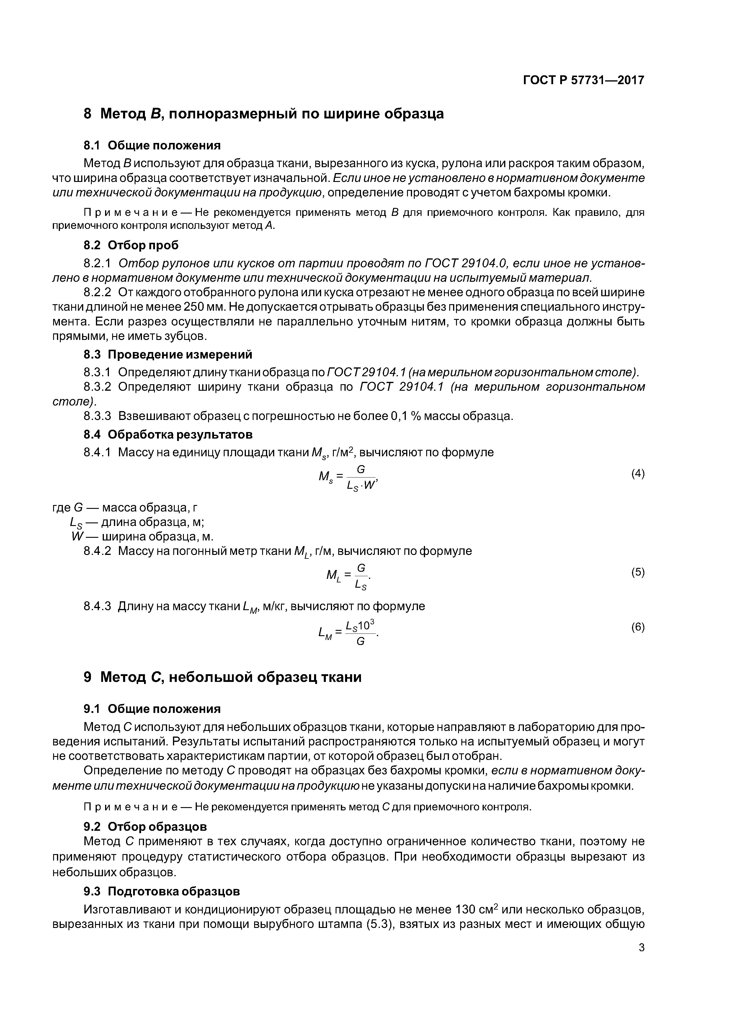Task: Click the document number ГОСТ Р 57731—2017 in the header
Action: [x=583, y=80]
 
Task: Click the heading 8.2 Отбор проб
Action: [x=131, y=245]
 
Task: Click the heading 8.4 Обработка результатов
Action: [x=168, y=434]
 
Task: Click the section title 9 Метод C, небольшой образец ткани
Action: [x=222, y=677]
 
